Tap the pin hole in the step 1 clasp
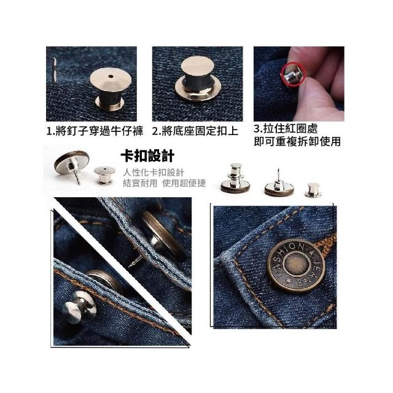point(111,76)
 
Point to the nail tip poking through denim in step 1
point(54,69)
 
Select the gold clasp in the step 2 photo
point(198,79)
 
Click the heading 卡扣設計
point(147,156)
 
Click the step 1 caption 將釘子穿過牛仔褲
point(99,131)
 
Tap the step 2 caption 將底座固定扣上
point(200,131)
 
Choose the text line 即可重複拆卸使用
point(297,141)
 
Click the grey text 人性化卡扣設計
point(154,173)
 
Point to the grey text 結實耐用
point(140,183)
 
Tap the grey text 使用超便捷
point(184,183)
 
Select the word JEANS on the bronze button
point(313,272)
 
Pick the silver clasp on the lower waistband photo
point(79,306)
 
